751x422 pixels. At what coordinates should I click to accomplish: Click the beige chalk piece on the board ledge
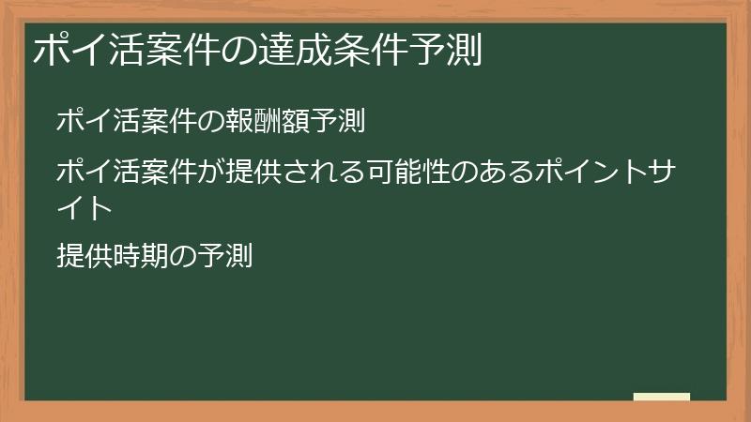coord(661,397)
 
